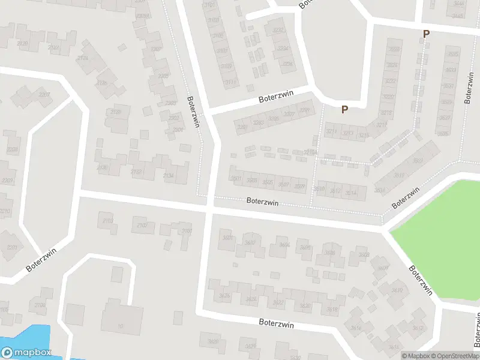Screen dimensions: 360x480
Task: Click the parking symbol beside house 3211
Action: pyautogui.click(x=344, y=110)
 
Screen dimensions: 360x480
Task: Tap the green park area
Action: pyautogui.click(x=438, y=234)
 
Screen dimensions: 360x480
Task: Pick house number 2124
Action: pyautogui.click(x=83, y=58)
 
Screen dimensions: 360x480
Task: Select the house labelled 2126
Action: pyautogui.click(x=102, y=83)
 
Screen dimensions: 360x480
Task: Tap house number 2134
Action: pyautogui.click(x=168, y=175)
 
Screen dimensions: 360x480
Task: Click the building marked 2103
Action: pyautogui.click(x=108, y=221)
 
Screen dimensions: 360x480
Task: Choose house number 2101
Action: pyautogui.click(x=187, y=231)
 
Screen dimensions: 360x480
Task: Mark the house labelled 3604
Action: pyautogui.click(x=284, y=245)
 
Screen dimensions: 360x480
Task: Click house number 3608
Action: pyautogui.click(x=364, y=255)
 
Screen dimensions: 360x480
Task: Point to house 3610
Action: pyautogui.click(x=396, y=290)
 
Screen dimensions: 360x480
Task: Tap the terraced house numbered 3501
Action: pyautogui.click(x=236, y=178)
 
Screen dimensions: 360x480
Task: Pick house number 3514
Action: pyautogui.click(x=351, y=192)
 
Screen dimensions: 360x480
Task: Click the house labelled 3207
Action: pyautogui.click(x=289, y=115)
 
